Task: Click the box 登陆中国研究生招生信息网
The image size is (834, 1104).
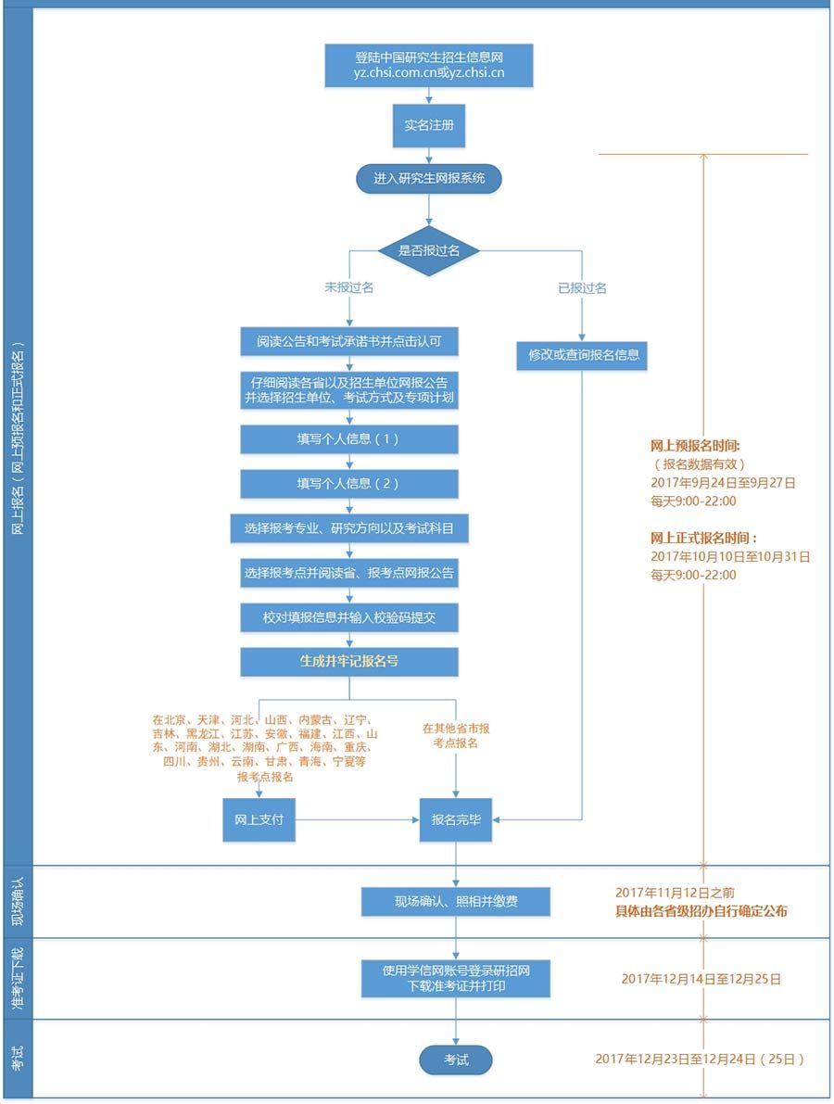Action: (x=429, y=66)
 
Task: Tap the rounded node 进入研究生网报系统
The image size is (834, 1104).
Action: (x=429, y=178)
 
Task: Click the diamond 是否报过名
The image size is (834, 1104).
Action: (x=429, y=249)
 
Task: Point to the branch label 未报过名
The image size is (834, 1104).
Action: (x=348, y=288)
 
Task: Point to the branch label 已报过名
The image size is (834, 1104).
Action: (x=582, y=288)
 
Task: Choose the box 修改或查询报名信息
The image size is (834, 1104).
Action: (x=583, y=354)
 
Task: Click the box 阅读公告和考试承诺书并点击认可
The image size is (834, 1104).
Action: (x=349, y=341)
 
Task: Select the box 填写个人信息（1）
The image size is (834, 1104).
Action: (x=349, y=439)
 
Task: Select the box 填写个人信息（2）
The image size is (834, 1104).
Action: (x=349, y=483)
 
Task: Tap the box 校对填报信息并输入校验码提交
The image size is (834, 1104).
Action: (x=349, y=617)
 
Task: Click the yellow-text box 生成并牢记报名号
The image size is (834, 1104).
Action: (x=349, y=662)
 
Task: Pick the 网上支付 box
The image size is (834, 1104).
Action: (x=259, y=819)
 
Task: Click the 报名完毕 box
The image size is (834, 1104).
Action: (x=456, y=819)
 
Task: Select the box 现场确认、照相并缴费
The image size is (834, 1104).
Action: (x=456, y=900)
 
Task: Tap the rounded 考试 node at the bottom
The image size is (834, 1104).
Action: (x=456, y=1060)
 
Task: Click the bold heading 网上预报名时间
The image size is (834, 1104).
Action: (x=695, y=445)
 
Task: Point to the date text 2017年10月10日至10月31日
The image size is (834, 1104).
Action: (x=730, y=556)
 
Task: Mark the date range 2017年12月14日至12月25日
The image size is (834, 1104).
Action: (x=701, y=978)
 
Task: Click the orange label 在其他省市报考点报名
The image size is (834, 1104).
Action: (x=456, y=736)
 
